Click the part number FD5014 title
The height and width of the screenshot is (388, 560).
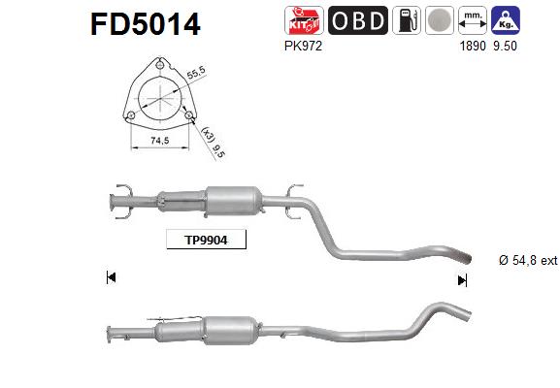tap(146, 23)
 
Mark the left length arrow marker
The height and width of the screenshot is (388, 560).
tap(111, 278)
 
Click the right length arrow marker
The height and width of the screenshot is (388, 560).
tap(462, 279)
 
